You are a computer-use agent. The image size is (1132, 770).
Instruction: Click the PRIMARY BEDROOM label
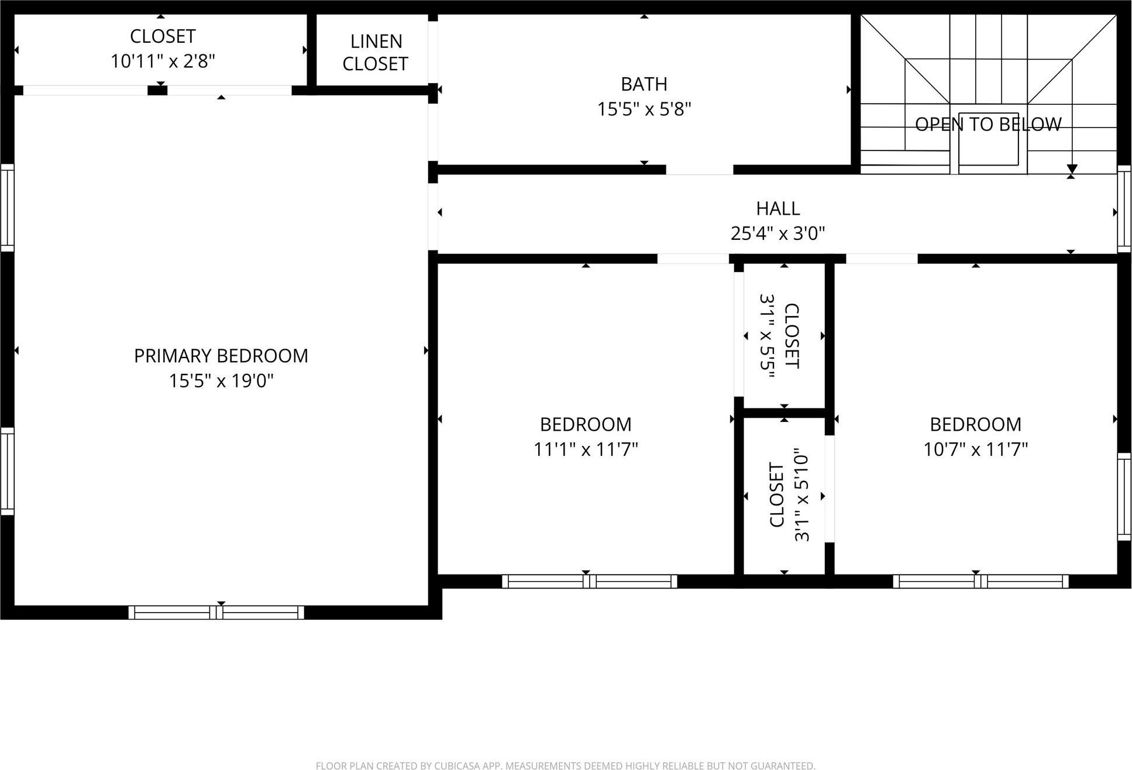pyautogui.click(x=221, y=356)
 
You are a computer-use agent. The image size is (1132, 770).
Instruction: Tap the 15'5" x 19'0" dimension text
pyautogui.click(x=221, y=381)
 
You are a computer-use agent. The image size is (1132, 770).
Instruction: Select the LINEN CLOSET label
pyautogui.click(x=375, y=53)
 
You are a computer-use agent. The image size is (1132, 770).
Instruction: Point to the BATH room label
pyautogui.click(x=644, y=84)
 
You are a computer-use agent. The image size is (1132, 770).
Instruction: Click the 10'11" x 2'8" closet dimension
pyautogui.click(x=163, y=61)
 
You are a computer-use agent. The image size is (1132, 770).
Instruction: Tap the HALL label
pyautogui.click(x=777, y=208)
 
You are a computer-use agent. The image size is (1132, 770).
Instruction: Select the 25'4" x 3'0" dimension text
pyautogui.click(x=777, y=233)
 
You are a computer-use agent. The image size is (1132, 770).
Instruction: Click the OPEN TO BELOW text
pyautogui.click(x=988, y=124)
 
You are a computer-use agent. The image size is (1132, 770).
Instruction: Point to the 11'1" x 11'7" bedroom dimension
pyautogui.click(x=585, y=449)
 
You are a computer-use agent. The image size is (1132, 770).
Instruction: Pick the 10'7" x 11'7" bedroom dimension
pyautogui.click(x=975, y=449)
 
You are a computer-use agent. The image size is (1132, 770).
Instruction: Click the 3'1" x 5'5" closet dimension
pyautogui.click(x=767, y=336)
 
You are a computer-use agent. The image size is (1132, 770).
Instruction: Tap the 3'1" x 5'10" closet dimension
pyautogui.click(x=801, y=495)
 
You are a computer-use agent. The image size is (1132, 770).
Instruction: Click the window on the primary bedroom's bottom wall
pyautogui.click(x=216, y=613)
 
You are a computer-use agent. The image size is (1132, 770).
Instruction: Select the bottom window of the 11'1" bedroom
pyautogui.click(x=589, y=581)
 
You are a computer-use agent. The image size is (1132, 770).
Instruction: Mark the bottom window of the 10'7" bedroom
pyautogui.click(x=980, y=581)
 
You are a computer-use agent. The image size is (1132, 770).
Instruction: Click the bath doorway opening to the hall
pyautogui.click(x=699, y=170)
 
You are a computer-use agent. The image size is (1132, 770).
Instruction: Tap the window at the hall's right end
pyautogui.click(x=1124, y=209)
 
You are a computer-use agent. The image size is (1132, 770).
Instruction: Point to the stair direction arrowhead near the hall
pyautogui.click(x=1071, y=170)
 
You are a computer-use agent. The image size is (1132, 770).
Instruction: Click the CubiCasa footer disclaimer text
pyautogui.click(x=565, y=765)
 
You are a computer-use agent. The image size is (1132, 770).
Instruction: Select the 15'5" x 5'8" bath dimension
pyautogui.click(x=644, y=109)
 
